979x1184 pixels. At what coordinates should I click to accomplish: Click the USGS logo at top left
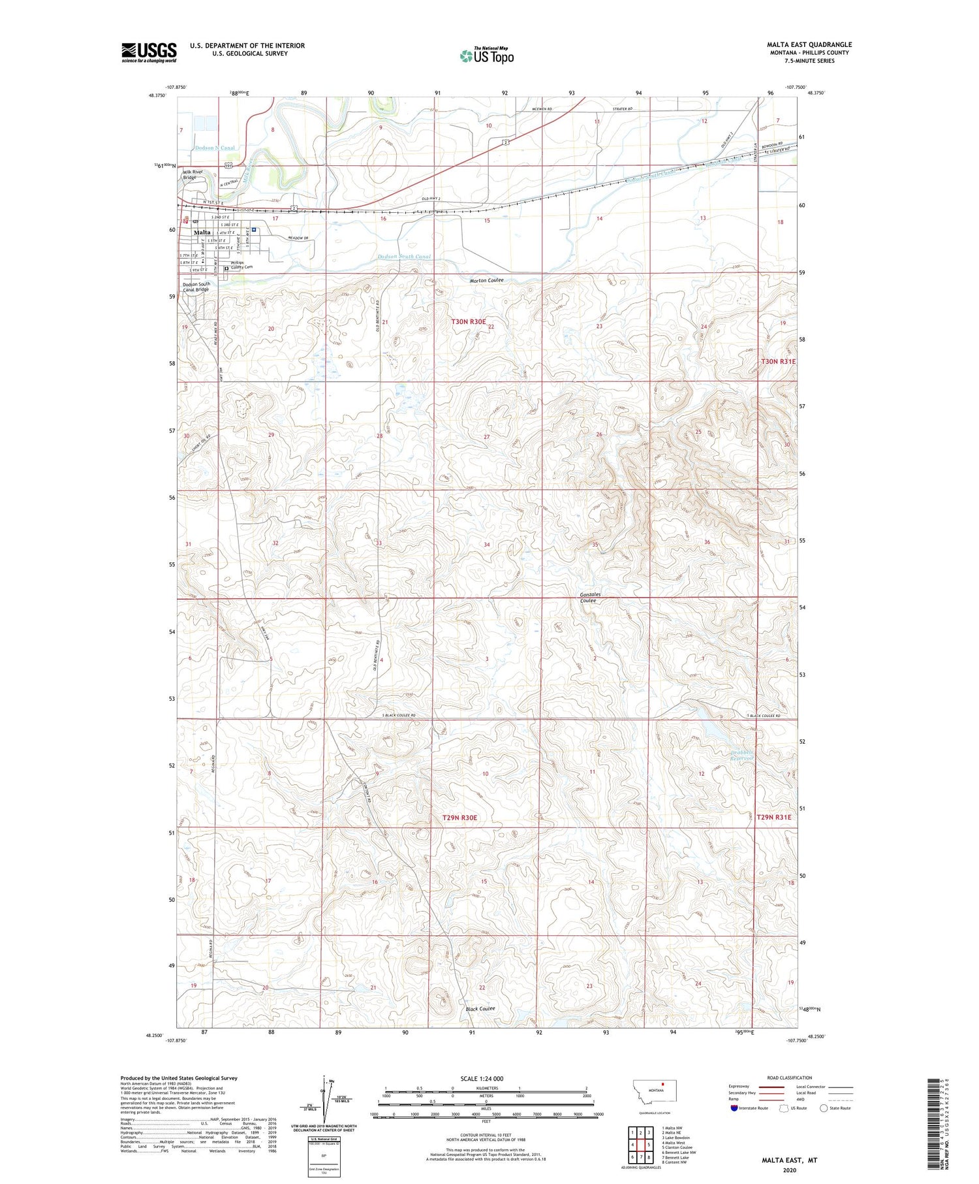[x=149, y=52]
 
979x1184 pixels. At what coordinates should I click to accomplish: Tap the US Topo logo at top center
[x=486, y=56]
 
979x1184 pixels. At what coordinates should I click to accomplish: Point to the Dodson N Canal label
[x=215, y=148]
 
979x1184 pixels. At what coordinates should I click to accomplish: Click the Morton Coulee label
[x=486, y=280]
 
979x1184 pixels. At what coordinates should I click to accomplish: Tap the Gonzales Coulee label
[x=590, y=598]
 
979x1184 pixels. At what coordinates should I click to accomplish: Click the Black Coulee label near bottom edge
[x=480, y=1009]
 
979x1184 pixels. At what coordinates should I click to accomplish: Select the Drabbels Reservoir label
[x=742, y=755]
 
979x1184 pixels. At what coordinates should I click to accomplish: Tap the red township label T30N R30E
[x=469, y=321]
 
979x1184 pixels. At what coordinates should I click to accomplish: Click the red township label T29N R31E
[x=773, y=817]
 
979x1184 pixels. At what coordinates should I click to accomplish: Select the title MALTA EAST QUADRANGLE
[x=809, y=44]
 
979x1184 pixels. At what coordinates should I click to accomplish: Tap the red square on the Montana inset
[x=663, y=1087]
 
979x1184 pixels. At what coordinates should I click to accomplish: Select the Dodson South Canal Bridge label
[x=196, y=287]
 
